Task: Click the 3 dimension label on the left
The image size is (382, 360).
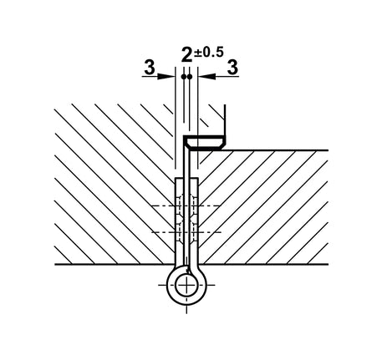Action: (x=150, y=68)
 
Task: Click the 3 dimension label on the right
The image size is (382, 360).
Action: (x=232, y=68)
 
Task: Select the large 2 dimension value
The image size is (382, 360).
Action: (x=186, y=55)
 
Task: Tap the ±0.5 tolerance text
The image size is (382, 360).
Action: (x=209, y=53)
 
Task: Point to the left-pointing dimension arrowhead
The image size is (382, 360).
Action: (x=206, y=76)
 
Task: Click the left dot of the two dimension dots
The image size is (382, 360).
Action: (x=183, y=76)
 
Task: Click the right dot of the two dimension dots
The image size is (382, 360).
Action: (x=190, y=76)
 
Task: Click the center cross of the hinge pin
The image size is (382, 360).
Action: (x=186, y=285)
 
